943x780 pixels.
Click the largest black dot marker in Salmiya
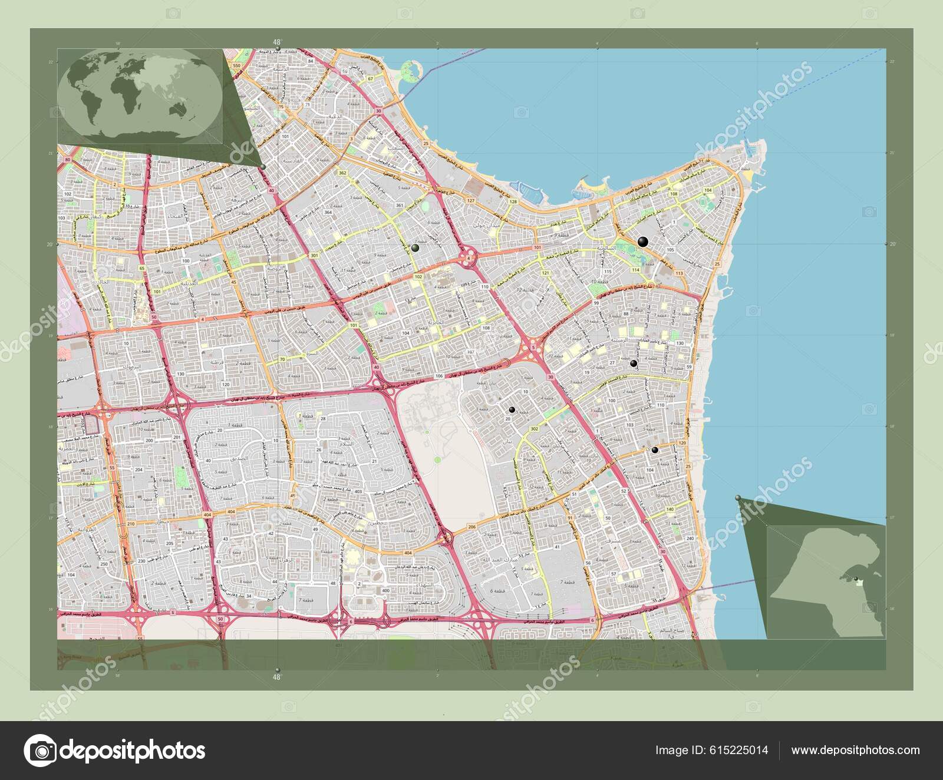(x=642, y=241)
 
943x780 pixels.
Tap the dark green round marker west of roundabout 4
(x=416, y=249)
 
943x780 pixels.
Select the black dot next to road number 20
(x=512, y=409)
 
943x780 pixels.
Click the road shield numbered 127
(x=470, y=201)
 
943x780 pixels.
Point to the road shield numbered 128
(x=513, y=201)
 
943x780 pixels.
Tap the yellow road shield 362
(x=342, y=173)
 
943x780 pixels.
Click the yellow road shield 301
(x=314, y=256)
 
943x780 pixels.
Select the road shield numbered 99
(x=596, y=303)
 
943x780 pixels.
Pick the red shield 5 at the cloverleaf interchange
(x=533, y=349)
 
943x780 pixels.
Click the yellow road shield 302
(x=533, y=428)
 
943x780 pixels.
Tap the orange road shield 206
(x=471, y=526)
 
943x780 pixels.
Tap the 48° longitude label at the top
(x=277, y=41)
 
